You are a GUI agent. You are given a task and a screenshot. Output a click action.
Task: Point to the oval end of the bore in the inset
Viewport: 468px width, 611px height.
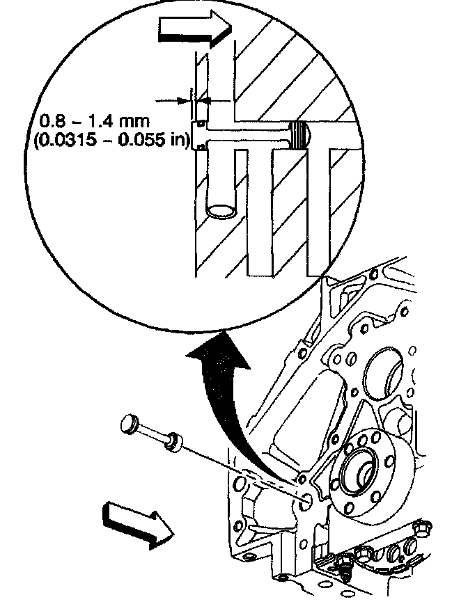(222, 210)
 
